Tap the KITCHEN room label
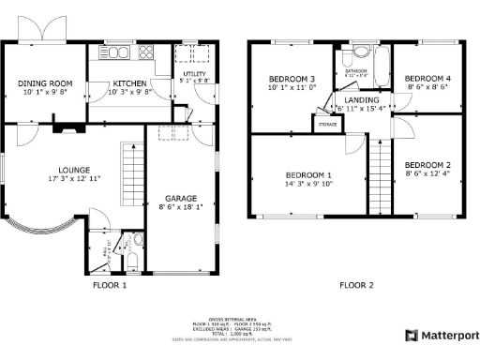coord(129,83)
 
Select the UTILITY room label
coord(194,73)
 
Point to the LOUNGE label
coord(74,170)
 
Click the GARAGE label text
coord(181,199)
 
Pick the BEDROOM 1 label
coord(308,175)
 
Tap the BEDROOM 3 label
coord(292,79)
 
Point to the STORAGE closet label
coord(327,124)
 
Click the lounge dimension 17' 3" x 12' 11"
coord(74,178)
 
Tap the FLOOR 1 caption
coord(110,285)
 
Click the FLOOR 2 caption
coord(356,285)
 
